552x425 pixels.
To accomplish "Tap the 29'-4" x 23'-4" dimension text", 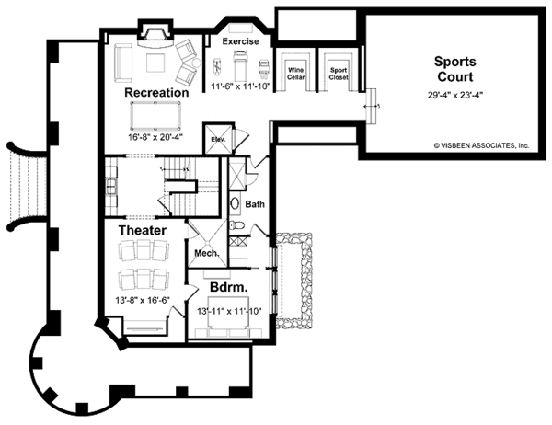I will tap(454, 95).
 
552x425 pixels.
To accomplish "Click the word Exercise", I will tap(241, 41).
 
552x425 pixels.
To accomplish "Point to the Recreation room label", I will tap(156, 93).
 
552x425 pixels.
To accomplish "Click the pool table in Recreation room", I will tap(156, 115).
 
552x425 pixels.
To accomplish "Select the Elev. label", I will tap(218, 140).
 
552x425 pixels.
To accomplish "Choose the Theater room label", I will tap(142, 230).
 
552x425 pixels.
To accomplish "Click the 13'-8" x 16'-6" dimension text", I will tap(143, 301).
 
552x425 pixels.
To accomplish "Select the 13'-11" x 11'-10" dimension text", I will tap(230, 312).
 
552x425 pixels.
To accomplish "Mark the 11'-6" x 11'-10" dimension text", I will tap(241, 86).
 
